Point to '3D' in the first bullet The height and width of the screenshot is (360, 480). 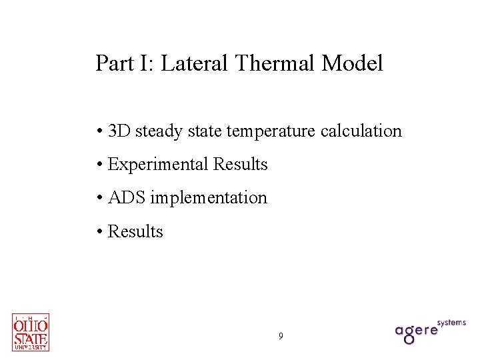(x=119, y=131)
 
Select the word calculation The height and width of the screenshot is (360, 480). (x=361, y=131)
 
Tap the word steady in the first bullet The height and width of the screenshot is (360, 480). (x=158, y=131)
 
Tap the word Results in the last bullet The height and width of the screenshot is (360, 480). (x=135, y=231)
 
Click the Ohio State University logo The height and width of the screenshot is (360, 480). (x=31, y=332)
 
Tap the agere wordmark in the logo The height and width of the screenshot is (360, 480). (x=416, y=331)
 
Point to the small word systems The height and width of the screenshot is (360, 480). (x=451, y=323)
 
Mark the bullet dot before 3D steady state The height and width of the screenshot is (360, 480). (x=99, y=131)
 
